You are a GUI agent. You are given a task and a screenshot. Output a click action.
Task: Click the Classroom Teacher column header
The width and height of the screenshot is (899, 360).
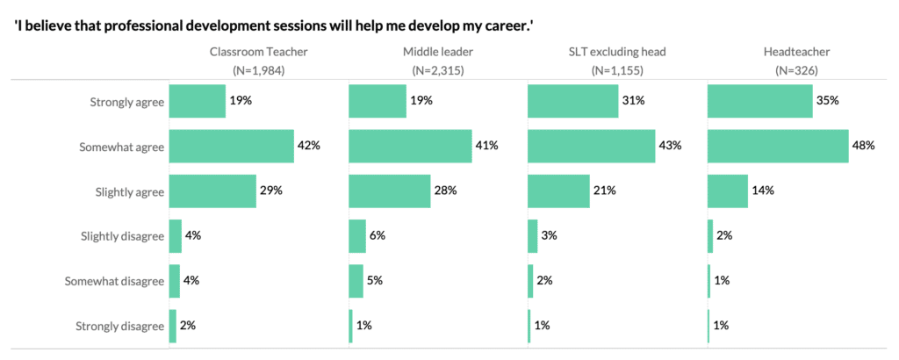(x=257, y=52)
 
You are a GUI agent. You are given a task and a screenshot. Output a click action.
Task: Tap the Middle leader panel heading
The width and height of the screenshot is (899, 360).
(x=436, y=52)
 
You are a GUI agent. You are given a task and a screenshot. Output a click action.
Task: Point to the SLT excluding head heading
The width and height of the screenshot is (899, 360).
(x=616, y=52)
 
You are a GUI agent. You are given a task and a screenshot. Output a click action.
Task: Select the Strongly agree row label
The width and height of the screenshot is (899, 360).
(x=127, y=102)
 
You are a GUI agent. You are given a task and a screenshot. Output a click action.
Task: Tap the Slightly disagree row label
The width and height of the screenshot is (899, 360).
(x=124, y=236)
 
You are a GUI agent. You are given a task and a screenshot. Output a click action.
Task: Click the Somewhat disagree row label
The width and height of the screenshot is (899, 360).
(x=115, y=281)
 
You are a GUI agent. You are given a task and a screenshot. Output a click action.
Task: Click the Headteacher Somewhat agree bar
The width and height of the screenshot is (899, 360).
(x=776, y=146)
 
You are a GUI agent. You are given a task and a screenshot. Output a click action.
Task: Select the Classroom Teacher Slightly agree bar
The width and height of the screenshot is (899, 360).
(x=212, y=191)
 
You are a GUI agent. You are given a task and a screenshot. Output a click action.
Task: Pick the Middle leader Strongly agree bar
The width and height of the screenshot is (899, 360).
(x=378, y=101)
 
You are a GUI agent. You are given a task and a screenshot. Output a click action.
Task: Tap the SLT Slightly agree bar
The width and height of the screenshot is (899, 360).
(x=558, y=191)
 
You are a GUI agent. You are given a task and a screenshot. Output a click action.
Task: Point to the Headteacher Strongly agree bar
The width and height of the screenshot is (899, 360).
(x=760, y=101)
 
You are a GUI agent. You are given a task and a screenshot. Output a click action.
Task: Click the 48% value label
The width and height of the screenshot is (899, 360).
(x=863, y=146)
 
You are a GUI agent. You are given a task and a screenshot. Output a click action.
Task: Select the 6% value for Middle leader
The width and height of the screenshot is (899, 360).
(x=378, y=236)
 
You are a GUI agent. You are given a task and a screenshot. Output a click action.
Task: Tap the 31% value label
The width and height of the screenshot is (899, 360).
(x=634, y=101)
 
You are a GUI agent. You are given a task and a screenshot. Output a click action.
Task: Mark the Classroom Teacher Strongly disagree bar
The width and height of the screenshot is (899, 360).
(x=172, y=326)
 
